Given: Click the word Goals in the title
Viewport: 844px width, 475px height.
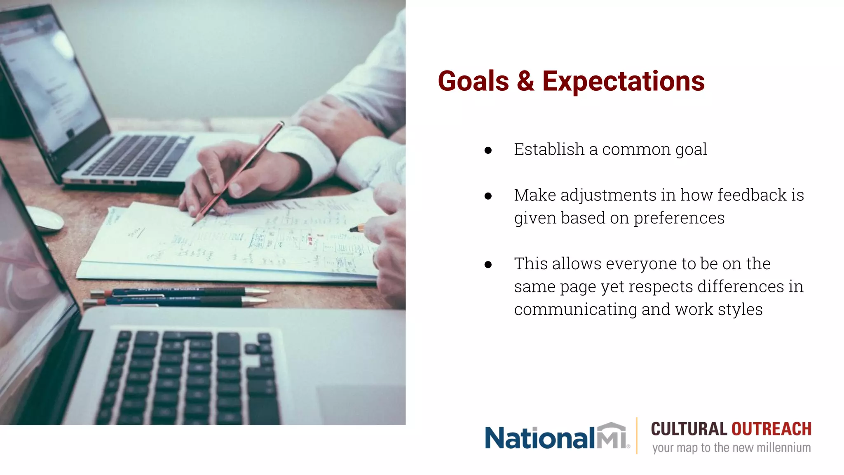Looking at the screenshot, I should click(473, 81).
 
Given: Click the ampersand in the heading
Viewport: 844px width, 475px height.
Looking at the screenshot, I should click(525, 81).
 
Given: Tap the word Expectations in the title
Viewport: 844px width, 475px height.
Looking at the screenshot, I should click(623, 81).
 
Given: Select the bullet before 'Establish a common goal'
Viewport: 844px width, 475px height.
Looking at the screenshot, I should click(488, 150).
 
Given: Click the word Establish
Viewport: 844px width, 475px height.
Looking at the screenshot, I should click(549, 149).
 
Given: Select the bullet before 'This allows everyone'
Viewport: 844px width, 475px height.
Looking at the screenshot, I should click(488, 265).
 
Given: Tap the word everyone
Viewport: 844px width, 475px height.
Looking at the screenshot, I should click(642, 264).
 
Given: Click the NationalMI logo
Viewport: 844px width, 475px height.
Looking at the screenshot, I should click(556, 437).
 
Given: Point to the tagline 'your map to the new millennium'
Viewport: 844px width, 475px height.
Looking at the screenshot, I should click(731, 448).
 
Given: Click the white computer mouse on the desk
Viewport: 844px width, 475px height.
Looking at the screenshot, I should click(45, 219).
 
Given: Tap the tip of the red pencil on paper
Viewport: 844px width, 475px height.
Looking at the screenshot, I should click(194, 224).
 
